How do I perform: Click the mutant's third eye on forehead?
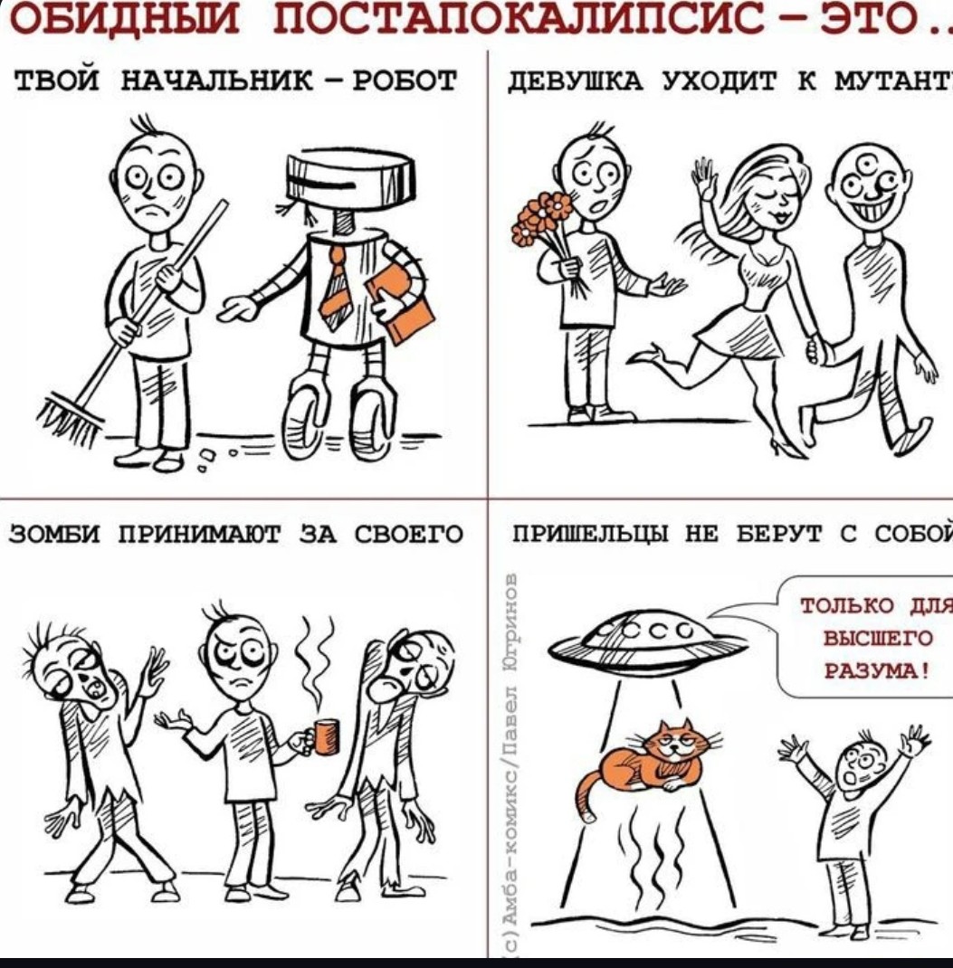[x=863, y=163]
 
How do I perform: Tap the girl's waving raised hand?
[x=704, y=178]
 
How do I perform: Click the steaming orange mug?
[x=326, y=736]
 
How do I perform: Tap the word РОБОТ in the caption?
[x=404, y=81]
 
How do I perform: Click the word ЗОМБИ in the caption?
[x=53, y=534]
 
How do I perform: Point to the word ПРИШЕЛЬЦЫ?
[x=590, y=535]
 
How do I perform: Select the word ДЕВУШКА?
[x=575, y=81]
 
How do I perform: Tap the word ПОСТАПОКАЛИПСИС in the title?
[x=518, y=18]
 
